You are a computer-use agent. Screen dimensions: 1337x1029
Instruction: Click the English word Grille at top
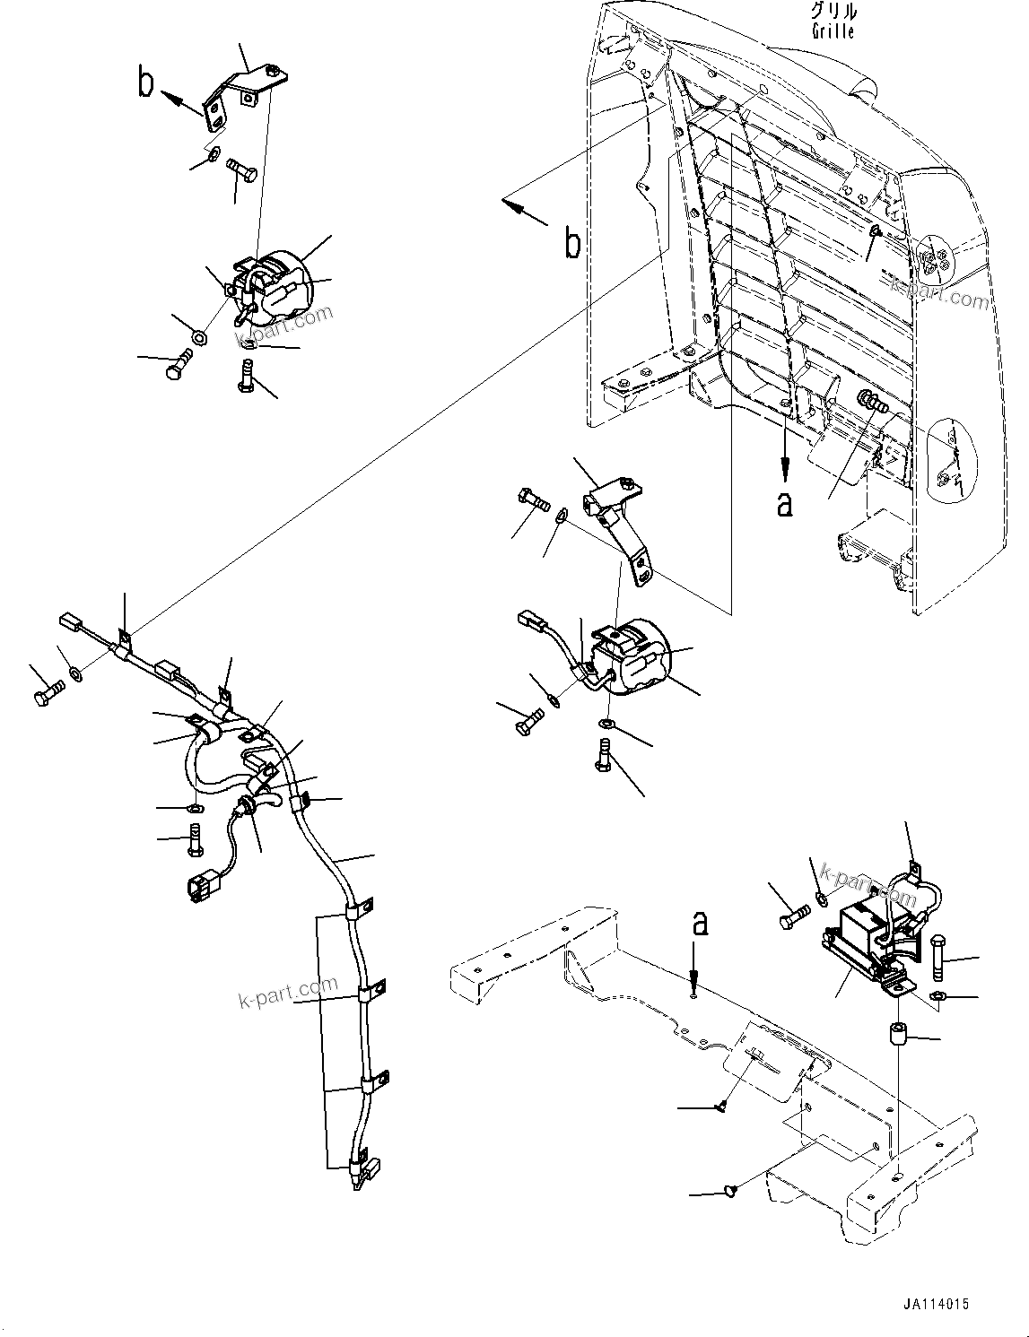point(833,31)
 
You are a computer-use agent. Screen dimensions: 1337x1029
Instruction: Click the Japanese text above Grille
point(833,12)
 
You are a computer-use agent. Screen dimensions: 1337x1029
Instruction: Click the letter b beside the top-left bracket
point(146,82)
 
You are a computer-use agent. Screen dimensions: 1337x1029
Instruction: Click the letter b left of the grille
point(572,243)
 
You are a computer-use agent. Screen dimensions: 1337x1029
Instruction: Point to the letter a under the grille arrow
point(785,504)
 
